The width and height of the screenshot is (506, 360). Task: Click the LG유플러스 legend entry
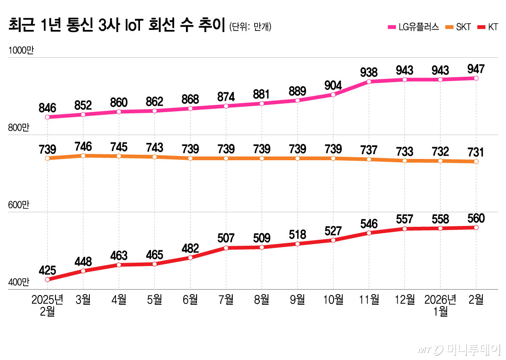413,27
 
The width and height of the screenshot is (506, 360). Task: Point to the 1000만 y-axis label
20,50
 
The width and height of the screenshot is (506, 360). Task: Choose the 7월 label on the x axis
226,300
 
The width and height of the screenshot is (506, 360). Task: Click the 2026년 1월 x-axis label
440,306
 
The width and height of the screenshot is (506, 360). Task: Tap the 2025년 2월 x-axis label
48,306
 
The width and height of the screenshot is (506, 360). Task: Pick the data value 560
476,218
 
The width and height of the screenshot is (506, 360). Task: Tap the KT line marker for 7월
226,248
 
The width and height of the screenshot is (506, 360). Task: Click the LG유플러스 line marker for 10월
333,95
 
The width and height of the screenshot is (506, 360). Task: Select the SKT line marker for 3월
83,156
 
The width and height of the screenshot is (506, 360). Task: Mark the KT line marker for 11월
369,233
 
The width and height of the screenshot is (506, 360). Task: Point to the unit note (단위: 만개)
250,27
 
